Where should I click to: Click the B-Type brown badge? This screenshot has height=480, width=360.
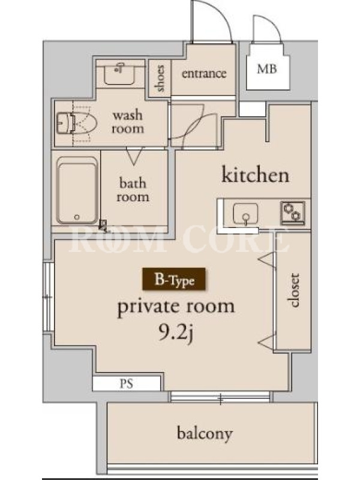173,279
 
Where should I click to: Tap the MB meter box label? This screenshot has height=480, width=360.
267,69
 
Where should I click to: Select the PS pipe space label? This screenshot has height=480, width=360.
127,383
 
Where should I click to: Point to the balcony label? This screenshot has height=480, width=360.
205,433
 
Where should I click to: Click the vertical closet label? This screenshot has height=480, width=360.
294,290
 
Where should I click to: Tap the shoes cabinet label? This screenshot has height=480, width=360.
160,79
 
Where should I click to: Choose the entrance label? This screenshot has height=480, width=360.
204,73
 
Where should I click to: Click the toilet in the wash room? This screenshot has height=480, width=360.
77,124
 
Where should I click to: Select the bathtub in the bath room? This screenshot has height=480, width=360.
77,190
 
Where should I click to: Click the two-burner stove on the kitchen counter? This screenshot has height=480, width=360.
293,212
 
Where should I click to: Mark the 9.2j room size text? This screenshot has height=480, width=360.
176,333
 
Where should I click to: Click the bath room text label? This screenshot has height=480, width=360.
133,190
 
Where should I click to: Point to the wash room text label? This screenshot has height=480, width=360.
128,122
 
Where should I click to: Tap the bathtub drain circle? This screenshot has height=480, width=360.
77,217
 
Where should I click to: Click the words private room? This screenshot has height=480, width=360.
176,307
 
